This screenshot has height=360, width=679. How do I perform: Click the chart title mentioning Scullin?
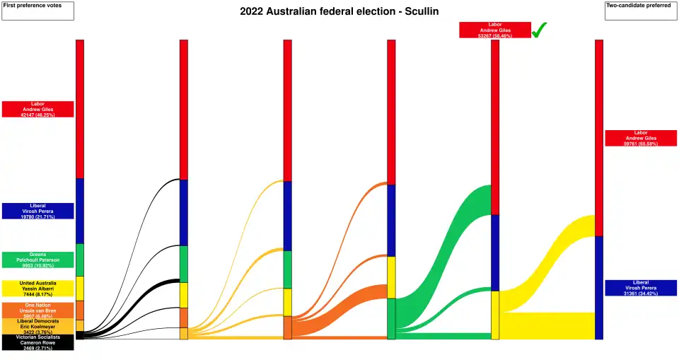pos(339,11)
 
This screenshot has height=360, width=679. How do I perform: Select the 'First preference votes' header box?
pos(37,10)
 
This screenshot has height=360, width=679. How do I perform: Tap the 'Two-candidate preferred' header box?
pos(641,10)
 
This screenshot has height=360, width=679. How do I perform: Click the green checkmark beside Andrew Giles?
pos(540,30)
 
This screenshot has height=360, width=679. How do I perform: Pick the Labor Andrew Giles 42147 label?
pos(37,109)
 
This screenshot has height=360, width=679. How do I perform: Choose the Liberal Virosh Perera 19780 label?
pos(37,211)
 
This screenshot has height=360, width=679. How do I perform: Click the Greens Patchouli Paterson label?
pos(37,260)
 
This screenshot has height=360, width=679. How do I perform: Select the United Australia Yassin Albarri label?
pos(37,288)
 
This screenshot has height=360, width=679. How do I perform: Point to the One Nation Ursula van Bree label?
pos(37,310)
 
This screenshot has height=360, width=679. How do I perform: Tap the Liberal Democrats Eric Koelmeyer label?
pos(37,326)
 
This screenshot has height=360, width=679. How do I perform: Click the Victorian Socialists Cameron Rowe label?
pos(37,342)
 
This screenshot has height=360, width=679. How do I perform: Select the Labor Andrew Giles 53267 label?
pos(494,30)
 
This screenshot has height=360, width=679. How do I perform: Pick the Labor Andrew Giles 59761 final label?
pos(641,138)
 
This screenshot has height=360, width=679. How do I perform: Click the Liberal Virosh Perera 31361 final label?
pos(641,288)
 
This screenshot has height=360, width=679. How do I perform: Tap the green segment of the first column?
pos(80,260)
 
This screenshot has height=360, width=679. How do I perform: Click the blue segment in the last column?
pos(599,287)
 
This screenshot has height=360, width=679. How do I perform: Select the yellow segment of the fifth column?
pos(495,315)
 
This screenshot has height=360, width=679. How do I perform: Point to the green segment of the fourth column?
pos(391,318)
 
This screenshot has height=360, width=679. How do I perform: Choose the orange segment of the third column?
pos(288,327)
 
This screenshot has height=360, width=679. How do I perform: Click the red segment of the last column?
pos(599,138)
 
